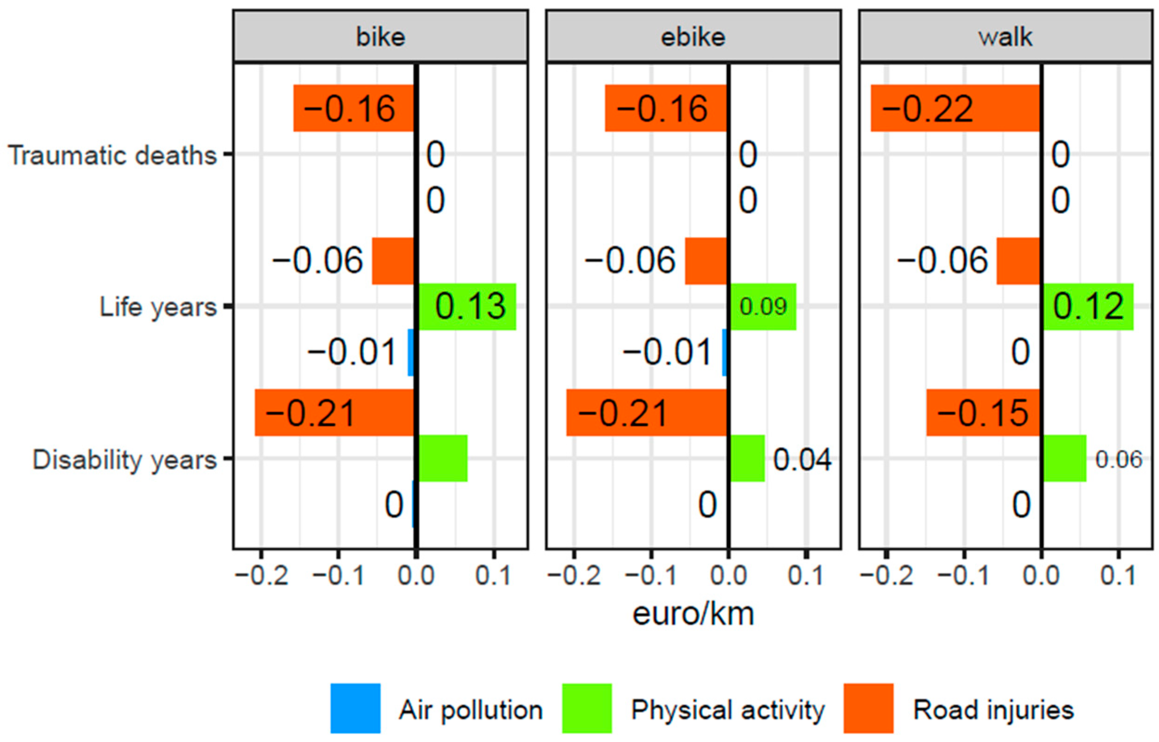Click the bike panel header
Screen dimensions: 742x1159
380,37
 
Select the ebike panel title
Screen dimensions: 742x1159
693,37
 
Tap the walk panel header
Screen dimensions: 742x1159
1006,37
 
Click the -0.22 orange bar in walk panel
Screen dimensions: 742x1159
955,108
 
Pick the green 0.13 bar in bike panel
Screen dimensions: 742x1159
467,307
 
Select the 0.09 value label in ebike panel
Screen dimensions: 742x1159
763,307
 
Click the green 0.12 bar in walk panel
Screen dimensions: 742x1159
1088,307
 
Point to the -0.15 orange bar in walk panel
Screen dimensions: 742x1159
983,413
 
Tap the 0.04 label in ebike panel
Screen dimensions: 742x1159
802,459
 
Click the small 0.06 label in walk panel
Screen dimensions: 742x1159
1119,459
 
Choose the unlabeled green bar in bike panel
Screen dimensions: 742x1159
442,458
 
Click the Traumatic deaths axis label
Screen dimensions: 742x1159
112,155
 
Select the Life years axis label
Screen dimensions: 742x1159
158,307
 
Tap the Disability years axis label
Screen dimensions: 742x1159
124,459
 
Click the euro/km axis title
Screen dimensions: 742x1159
693,615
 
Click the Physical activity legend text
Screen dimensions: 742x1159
727,710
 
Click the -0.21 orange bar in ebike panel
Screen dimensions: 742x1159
646,413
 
